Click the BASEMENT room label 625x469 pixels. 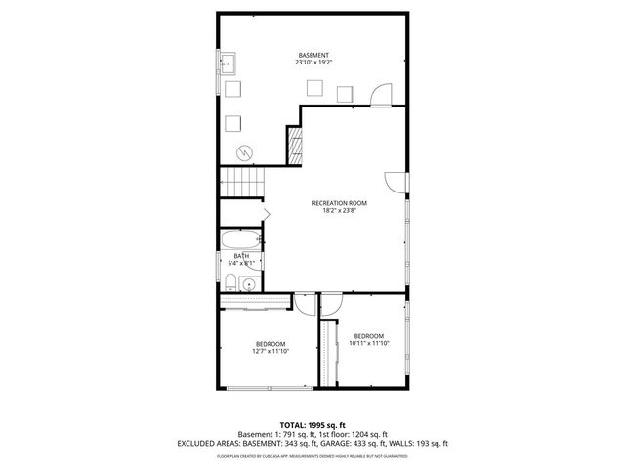pos(312,55)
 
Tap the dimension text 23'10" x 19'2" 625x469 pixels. pos(312,63)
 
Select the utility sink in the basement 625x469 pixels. pos(229,65)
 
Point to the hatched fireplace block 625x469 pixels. pos(292,147)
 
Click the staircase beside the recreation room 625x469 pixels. pos(241,181)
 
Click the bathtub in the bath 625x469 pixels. pos(240,239)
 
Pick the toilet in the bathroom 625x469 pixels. pos(229,283)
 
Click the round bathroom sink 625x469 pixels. pos(248,284)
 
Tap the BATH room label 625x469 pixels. pos(240,256)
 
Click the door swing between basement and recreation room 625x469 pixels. pos(380,95)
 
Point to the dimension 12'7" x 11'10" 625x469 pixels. pos(271,351)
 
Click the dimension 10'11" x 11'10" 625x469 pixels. pos(368,343)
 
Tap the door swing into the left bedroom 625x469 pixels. pos(305,304)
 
